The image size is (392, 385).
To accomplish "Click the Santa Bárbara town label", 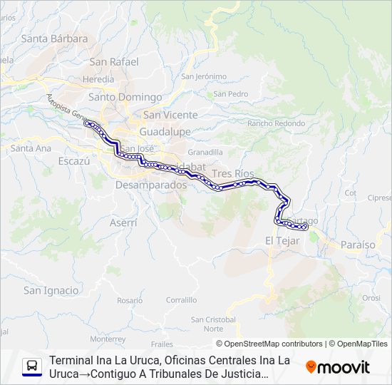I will pos(54,38).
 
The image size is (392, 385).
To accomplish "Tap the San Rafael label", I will pos(114,61).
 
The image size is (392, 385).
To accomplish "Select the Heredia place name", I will pos(98,79).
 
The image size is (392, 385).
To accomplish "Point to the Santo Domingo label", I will pos(125,97).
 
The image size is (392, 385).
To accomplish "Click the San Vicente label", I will pos(166,114).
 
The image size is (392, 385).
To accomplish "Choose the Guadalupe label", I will pos(165,132).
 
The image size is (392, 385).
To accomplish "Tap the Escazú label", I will pos(76,161).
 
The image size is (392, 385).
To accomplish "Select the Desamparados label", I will pos(150,185).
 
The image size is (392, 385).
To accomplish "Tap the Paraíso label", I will pos(358,245).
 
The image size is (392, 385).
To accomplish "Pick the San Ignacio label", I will pos(51,290).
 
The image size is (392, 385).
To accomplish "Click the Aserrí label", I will pos(123,222).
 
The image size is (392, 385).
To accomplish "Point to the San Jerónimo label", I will pos(204,76).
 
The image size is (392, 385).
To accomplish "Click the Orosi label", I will pos(371,298).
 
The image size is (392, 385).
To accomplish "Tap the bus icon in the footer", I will pos(32,366).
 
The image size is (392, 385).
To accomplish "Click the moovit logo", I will pos(338,367).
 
